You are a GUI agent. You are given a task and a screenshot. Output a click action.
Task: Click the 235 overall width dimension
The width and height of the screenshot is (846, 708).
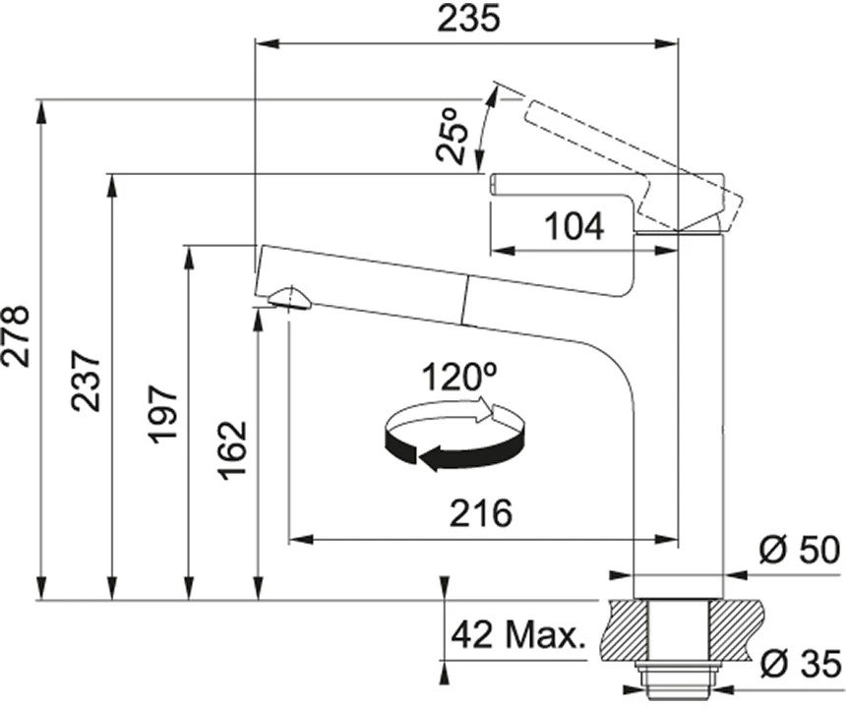tap(468, 20)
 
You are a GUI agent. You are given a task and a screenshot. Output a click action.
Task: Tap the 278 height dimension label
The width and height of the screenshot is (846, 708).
tap(15, 336)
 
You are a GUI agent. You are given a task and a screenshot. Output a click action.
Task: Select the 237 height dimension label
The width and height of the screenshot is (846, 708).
tap(87, 382)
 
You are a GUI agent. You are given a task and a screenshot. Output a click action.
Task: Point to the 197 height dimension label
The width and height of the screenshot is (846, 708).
tap(163, 414)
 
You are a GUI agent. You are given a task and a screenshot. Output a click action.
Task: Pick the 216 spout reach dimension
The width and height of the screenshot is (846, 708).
tap(481, 512)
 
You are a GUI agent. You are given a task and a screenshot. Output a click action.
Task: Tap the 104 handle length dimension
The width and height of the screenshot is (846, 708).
tap(574, 226)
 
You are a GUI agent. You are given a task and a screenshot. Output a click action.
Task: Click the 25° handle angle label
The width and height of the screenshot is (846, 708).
tap(453, 135)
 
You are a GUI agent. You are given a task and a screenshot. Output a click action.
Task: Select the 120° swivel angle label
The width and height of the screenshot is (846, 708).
tap(458, 377)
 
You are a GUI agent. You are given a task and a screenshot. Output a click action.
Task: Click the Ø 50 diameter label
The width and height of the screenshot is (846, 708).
tap(800, 551)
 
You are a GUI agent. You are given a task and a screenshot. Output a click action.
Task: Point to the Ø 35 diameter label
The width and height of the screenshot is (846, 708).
tap(801, 664)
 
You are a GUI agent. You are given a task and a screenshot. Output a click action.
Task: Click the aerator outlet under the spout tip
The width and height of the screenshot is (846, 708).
tap(289, 300)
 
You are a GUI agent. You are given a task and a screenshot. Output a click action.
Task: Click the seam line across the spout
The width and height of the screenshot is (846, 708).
tap(464, 300)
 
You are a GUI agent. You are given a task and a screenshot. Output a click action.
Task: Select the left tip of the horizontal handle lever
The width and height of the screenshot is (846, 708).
tap(491, 183)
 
